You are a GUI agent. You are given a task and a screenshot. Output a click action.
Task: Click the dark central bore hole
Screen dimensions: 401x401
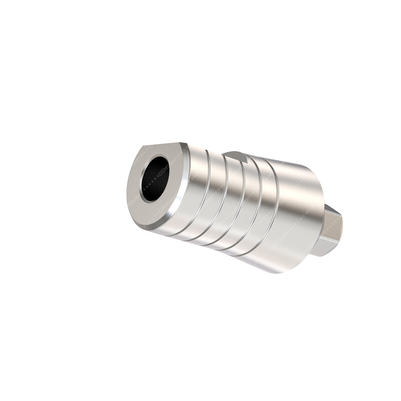point(154,178)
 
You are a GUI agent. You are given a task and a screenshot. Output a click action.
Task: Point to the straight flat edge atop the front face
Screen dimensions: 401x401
point(160,146)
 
